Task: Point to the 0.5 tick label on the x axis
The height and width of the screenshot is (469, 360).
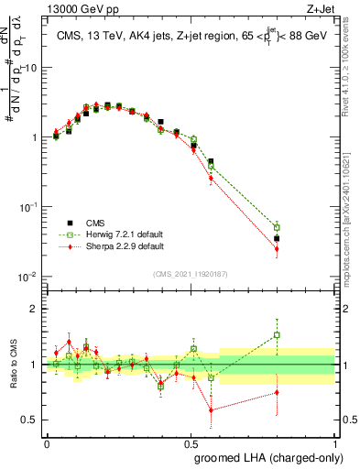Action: [191, 443]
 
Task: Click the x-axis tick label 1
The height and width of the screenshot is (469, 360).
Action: [334, 443]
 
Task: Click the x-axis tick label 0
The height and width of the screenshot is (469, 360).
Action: [47, 443]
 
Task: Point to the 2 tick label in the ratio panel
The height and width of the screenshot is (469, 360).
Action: [34, 309]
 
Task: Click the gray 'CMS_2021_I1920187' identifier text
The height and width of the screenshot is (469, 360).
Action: [191, 274]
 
